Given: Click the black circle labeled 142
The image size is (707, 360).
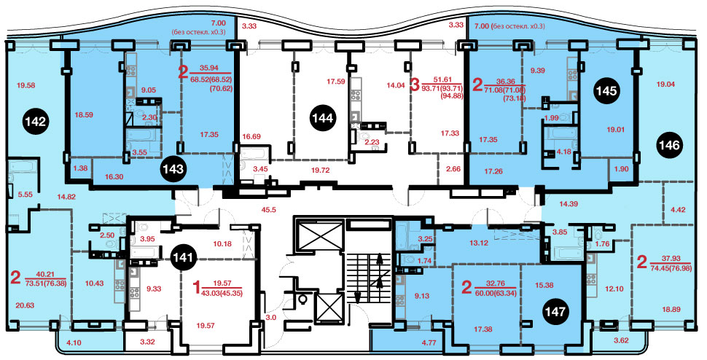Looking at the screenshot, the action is (x=36, y=122).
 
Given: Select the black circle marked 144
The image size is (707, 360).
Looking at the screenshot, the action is (x=323, y=119).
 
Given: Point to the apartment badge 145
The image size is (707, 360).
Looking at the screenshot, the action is (x=606, y=91).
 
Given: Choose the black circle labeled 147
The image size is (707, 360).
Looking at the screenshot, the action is (x=555, y=312).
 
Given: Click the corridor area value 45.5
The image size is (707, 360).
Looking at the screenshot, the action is (x=270, y=209).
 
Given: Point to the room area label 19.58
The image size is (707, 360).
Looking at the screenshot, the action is (x=26, y=85).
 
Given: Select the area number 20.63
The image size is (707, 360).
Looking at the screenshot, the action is (x=26, y=305).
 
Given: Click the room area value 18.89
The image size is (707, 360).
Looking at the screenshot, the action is (x=670, y=310).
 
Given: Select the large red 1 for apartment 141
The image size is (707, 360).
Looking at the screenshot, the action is (x=196, y=287).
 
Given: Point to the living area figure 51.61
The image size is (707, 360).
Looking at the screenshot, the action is (x=442, y=79).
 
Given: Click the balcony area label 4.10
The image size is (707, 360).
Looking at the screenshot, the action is (x=71, y=342).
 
